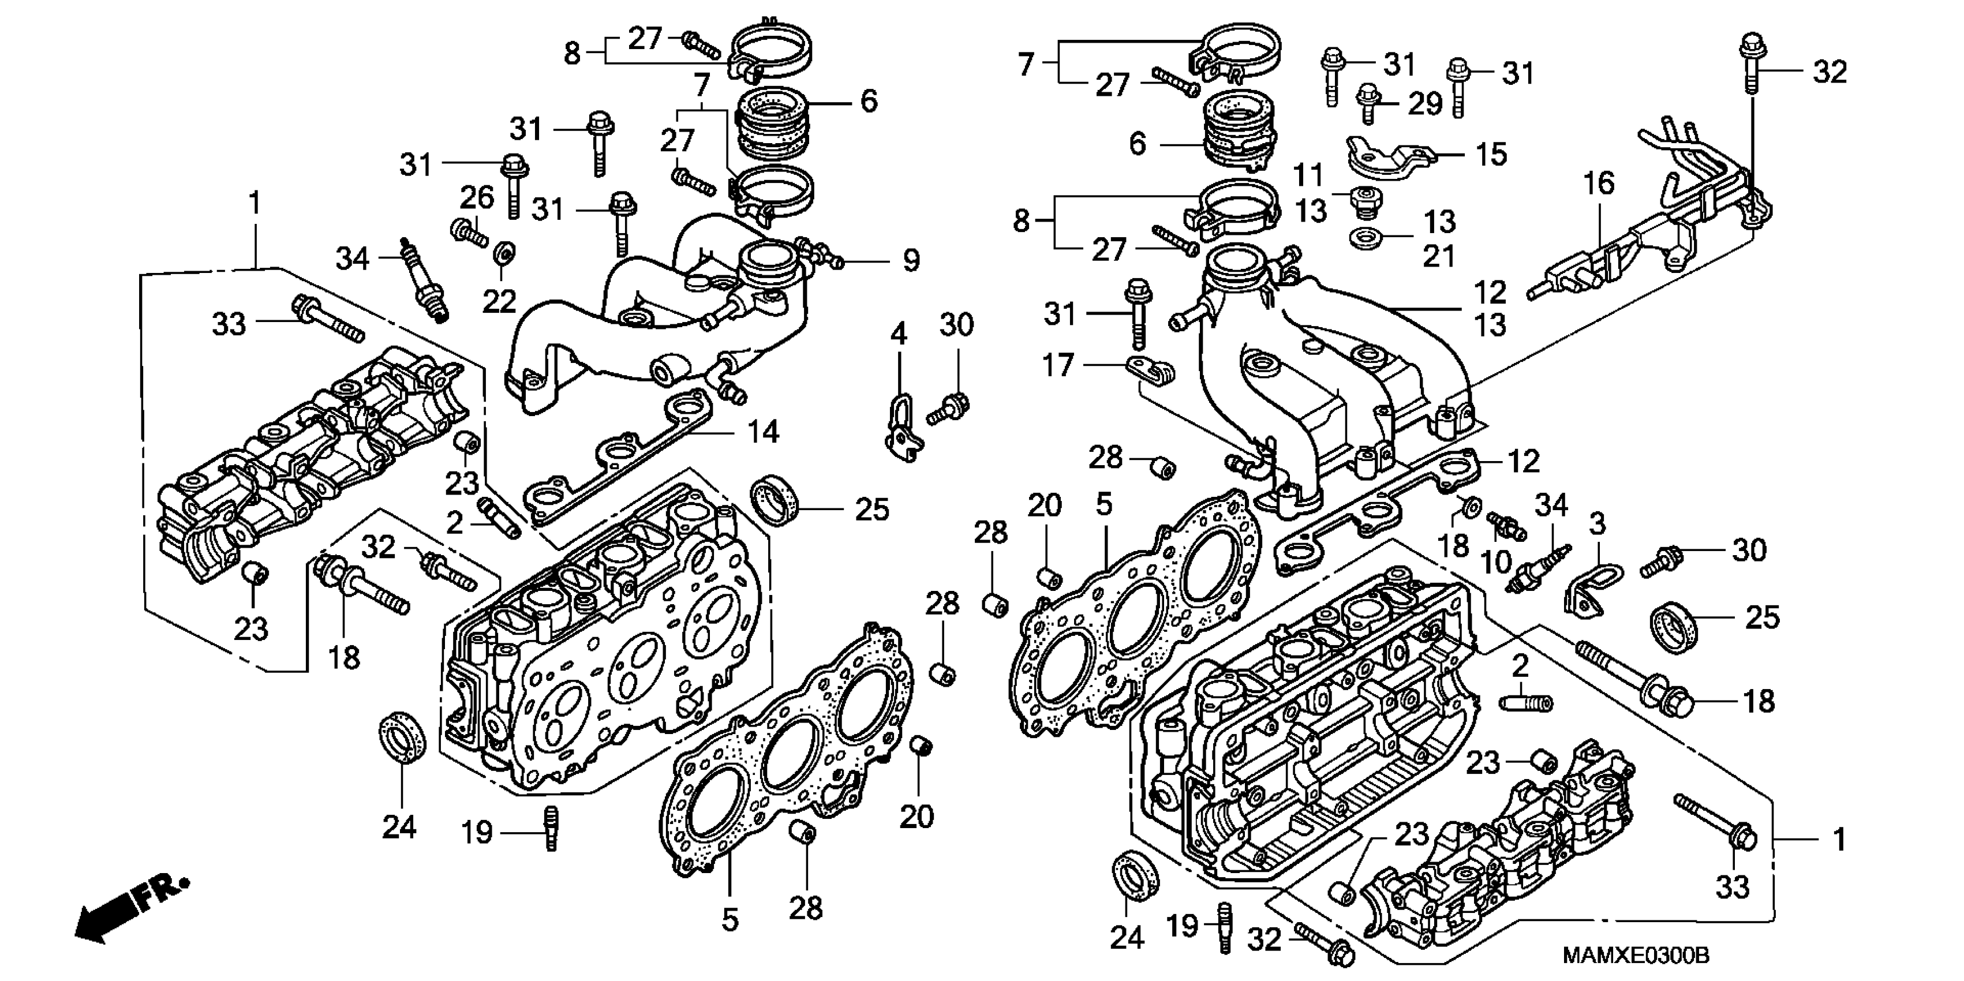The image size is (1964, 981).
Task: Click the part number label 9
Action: pos(911,261)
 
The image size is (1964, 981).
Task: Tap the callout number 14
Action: pos(762,432)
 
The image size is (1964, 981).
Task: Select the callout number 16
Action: pos(1598,184)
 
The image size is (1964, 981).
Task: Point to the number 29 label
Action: pos(1425,104)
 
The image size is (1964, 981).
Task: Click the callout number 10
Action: pos(1496,562)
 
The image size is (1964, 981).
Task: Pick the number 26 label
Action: pos(477,198)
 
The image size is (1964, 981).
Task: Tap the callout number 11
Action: pos(1308,175)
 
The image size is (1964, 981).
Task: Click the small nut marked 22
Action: pos(503,252)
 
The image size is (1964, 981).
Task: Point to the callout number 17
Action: pos(1058,366)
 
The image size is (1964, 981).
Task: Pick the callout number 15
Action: pos(1491,155)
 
